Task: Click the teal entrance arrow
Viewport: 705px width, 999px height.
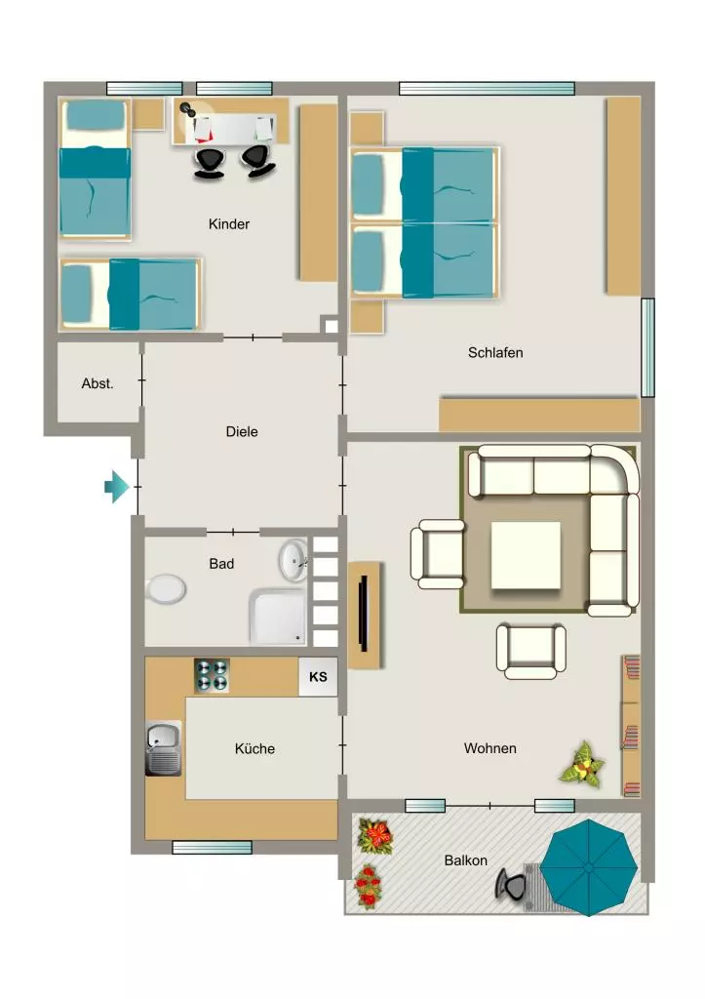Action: (117, 487)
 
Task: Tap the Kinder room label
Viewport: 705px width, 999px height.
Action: (228, 224)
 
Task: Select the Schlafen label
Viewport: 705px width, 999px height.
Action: (495, 352)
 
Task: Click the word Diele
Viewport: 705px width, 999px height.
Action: (242, 431)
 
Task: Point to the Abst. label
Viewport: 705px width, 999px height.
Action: (98, 383)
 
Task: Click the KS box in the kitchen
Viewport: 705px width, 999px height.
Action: (318, 677)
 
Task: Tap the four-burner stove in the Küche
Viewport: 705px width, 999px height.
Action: (212, 675)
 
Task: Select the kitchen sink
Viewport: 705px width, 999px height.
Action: (164, 748)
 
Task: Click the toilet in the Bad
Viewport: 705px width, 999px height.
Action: (166, 588)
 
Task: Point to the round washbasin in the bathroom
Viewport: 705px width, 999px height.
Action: (294, 561)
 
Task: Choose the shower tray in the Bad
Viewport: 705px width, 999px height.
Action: (278, 617)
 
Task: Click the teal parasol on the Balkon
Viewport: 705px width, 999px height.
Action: (588, 867)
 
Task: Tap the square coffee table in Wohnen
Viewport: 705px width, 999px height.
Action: (526, 555)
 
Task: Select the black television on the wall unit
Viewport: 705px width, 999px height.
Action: (365, 614)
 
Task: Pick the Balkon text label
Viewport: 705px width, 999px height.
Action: (465, 860)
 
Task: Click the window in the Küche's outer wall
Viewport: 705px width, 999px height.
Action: (212, 848)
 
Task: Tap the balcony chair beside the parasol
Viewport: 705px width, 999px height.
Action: (511, 884)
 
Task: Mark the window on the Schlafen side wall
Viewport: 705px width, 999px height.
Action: (647, 348)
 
